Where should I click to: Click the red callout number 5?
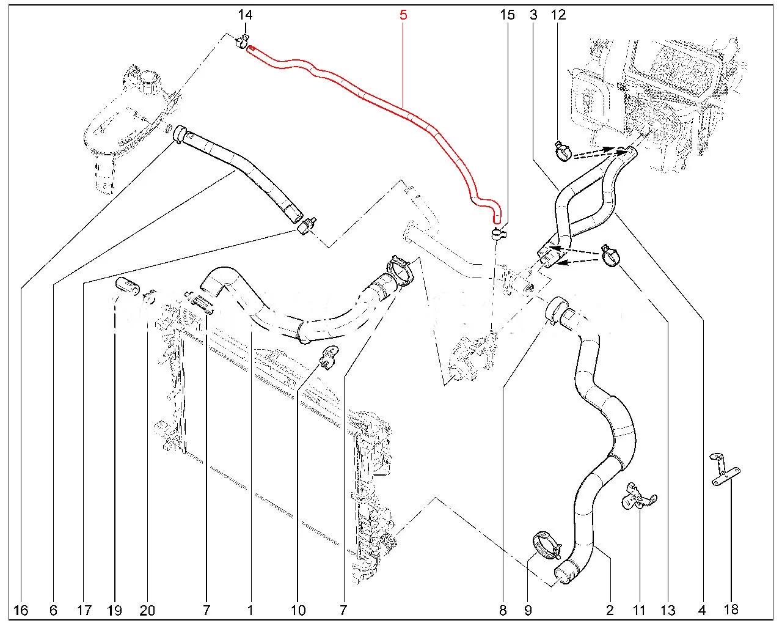[403, 14]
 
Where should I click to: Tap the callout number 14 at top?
[245, 14]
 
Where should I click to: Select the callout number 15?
[508, 14]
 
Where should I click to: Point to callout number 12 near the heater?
[558, 14]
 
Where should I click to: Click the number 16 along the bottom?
[21, 609]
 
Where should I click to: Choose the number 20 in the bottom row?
[147, 609]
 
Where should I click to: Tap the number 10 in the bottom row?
[298, 609]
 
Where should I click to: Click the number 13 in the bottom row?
[668, 609]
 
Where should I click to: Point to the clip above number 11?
[638, 496]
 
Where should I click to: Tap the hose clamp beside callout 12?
[563, 151]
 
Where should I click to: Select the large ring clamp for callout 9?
[546, 543]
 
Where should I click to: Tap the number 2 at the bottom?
[609, 609]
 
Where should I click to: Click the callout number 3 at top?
[533, 14]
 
